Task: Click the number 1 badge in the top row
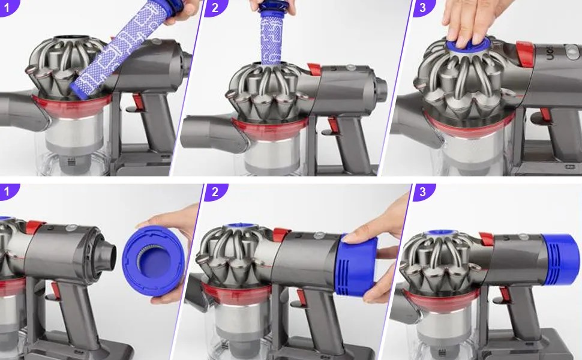[7, 7]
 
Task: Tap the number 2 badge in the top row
[215, 7]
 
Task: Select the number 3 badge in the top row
[423, 7]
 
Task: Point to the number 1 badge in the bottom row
[7, 192]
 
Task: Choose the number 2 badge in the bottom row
[215, 192]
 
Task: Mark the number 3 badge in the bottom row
[423, 192]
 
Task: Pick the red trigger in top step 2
[332, 125]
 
